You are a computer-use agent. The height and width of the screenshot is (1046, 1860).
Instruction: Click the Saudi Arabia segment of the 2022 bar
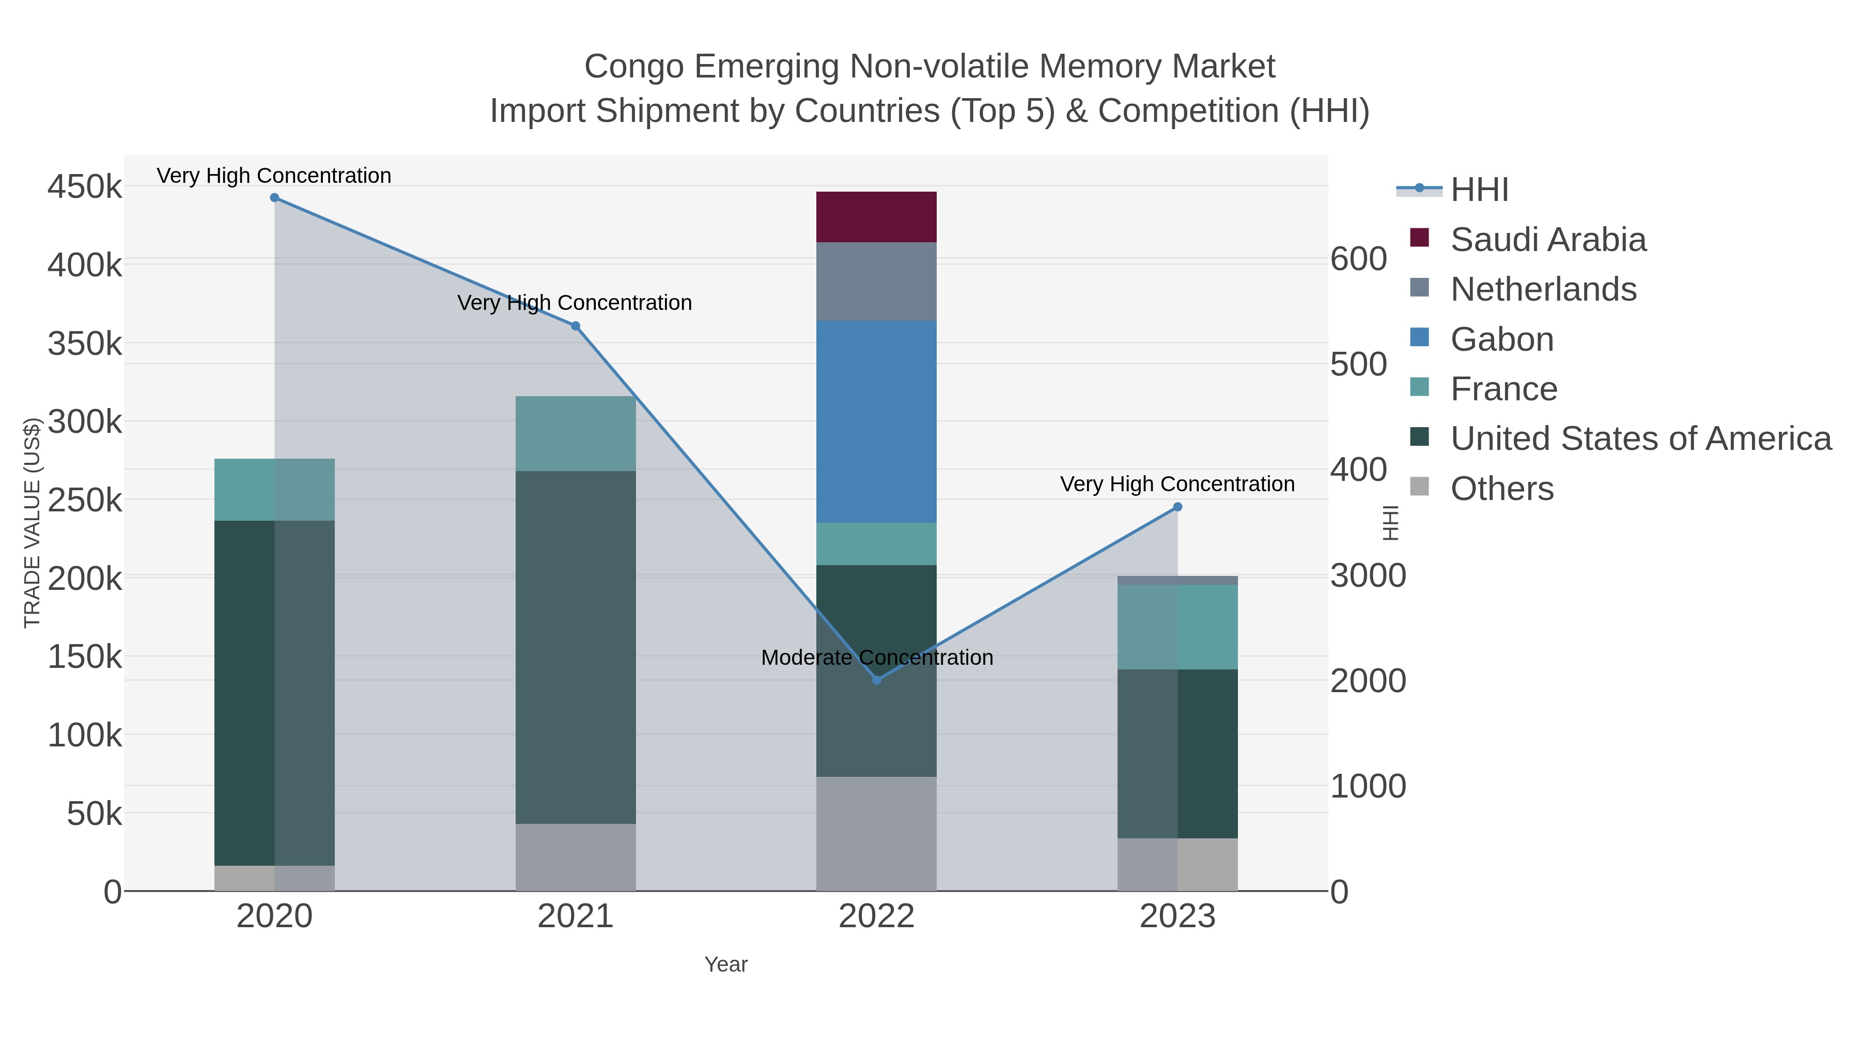coord(876,216)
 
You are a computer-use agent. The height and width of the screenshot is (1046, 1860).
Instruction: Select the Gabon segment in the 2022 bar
coord(876,421)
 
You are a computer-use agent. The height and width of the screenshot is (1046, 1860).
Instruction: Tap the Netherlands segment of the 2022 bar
coord(876,281)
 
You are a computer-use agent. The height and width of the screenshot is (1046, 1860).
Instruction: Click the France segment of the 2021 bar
coord(576,433)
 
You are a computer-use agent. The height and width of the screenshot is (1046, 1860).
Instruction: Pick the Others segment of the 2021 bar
coord(576,857)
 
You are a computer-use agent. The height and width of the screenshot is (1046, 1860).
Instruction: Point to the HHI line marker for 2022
coord(877,680)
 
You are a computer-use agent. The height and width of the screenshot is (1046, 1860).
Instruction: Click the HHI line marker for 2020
coord(274,198)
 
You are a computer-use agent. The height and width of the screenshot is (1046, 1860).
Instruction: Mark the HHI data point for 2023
coord(1177,507)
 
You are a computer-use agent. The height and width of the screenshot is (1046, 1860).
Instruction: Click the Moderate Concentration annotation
coord(877,658)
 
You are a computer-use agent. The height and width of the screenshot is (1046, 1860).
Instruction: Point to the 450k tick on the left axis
coord(85,187)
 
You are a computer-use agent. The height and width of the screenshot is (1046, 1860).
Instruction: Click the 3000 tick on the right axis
coord(1368,576)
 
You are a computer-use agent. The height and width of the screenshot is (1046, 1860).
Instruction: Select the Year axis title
coord(726,964)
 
